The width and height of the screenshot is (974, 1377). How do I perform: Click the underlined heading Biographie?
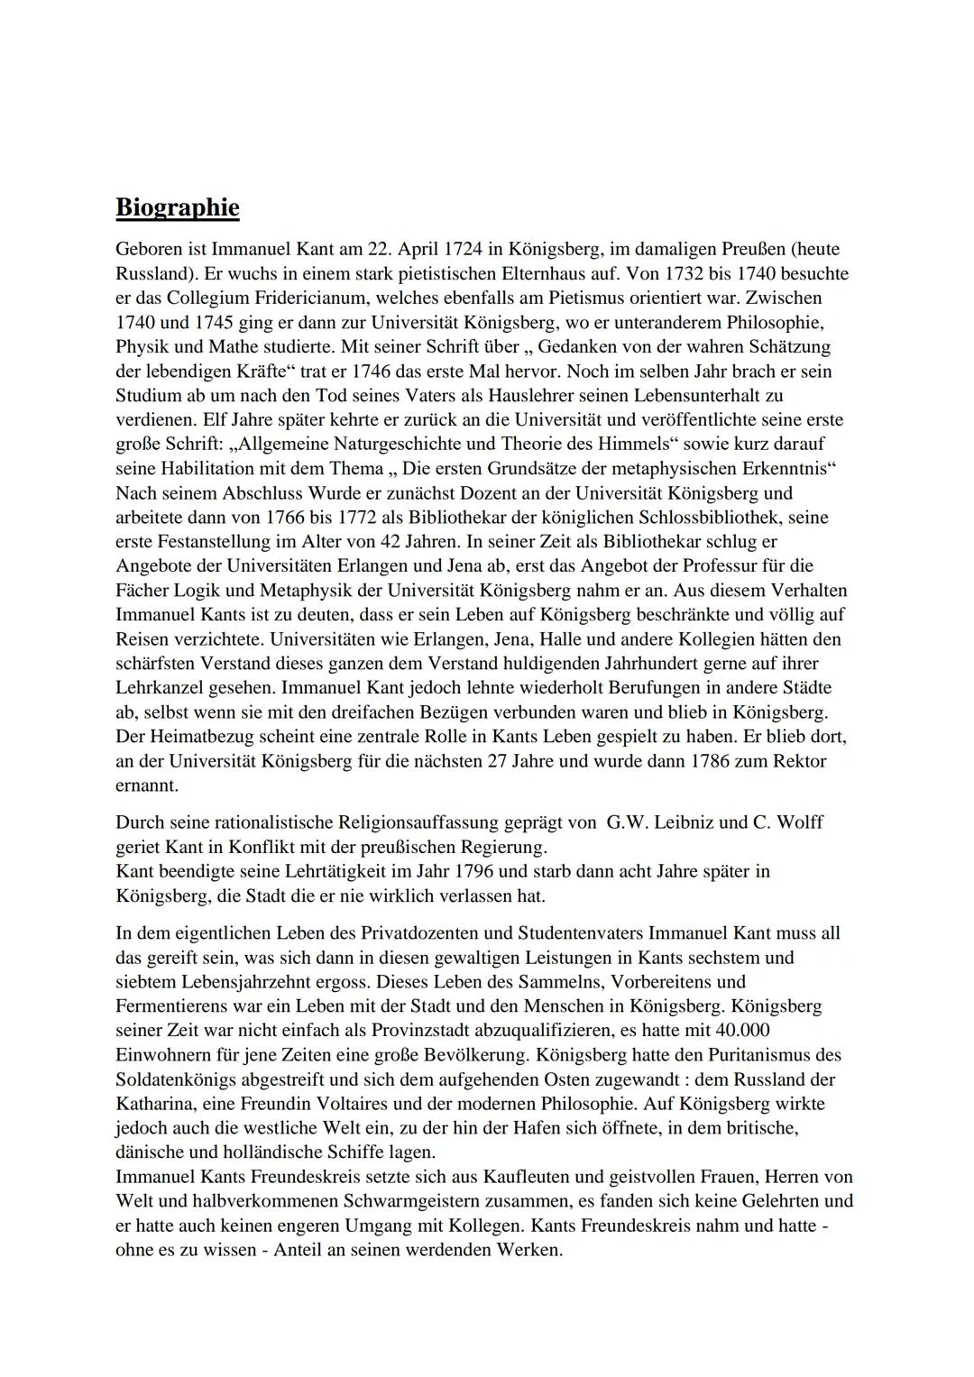pyautogui.click(x=178, y=207)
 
